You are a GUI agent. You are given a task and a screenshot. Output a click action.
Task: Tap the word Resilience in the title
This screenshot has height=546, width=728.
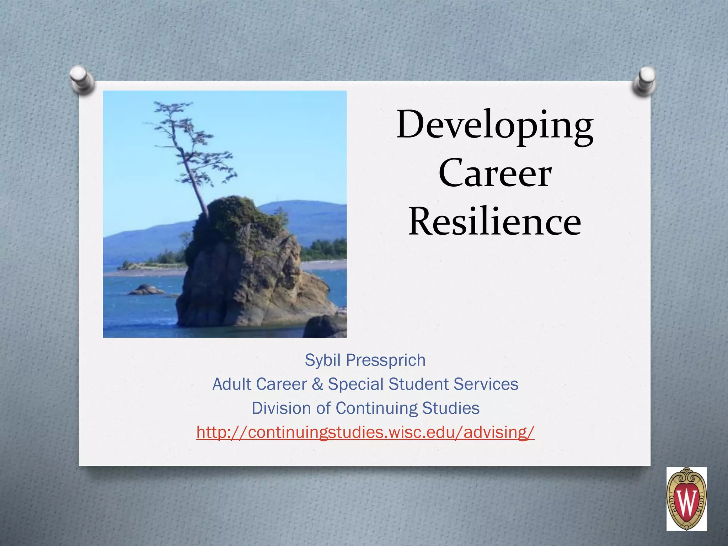(x=495, y=222)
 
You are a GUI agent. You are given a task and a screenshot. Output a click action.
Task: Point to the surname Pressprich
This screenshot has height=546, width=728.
(x=386, y=360)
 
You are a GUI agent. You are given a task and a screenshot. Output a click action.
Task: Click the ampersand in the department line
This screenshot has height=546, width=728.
(x=317, y=384)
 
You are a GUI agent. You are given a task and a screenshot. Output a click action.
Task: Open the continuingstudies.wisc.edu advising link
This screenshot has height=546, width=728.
(x=365, y=433)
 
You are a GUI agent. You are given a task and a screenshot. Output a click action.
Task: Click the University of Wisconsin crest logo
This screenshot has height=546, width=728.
(x=686, y=499)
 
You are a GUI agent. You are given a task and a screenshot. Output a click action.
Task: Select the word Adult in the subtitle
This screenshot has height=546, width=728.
(x=232, y=384)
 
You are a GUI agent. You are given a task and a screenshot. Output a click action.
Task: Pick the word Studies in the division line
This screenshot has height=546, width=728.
(x=451, y=408)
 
